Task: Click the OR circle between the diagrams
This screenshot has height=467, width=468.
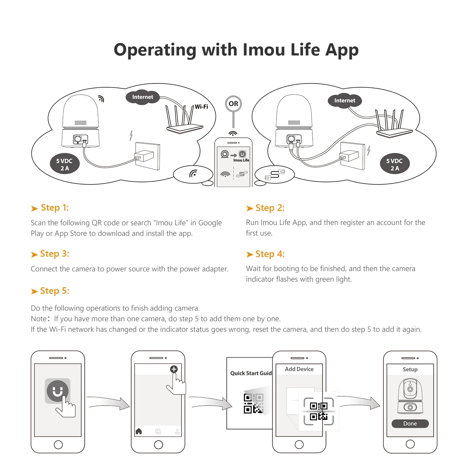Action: pyautogui.click(x=233, y=104)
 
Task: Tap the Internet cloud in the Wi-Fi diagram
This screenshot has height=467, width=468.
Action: pyautogui.click(x=143, y=97)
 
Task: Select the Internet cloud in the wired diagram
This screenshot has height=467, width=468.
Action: pyautogui.click(x=345, y=101)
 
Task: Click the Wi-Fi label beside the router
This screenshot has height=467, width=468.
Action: pyautogui.click(x=202, y=107)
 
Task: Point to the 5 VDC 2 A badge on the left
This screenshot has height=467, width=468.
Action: pyautogui.click(x=65, y=164)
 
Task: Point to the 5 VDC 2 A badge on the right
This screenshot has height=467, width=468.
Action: pyautogui.click(x=395, y=164)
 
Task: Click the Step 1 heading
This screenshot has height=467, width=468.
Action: pyautogui.click(x=50, y=208)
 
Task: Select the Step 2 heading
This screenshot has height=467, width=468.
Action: pyautogui.click(x=266, y=208)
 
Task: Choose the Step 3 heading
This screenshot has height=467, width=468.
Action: pyautogui.click(x=50, y=254)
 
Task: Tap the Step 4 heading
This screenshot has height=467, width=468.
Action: pyautogui.click(x=266, y=254)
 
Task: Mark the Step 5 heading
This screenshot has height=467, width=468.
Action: pyautogui.click(x=50, y=291)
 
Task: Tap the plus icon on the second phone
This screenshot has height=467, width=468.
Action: pyautogui.click(x=174, y=369)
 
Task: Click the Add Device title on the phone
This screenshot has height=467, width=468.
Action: pyautogui.click(x=299, y=369)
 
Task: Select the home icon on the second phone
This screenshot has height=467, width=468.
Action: pyautogui.click(x=139, y=431)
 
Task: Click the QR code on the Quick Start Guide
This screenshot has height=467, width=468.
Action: pyautogui.click(x=253, y=403)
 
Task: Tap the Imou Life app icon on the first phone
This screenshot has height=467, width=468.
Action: pyautogui.click(x=57, y=391)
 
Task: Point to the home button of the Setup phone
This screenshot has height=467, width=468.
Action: pyautogui.click(x=410, y=444)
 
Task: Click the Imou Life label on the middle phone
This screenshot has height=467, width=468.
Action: pyautogui.click(x=241, y=160)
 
